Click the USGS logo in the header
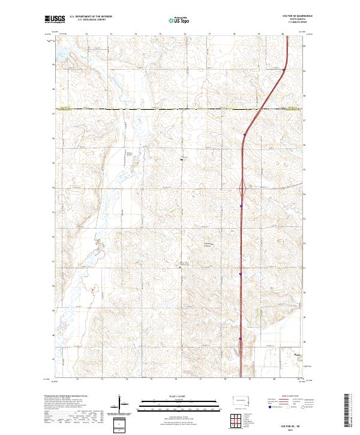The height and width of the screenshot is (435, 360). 55,19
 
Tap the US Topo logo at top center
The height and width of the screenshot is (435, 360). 179,20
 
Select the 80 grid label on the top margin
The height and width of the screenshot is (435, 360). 283,34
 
